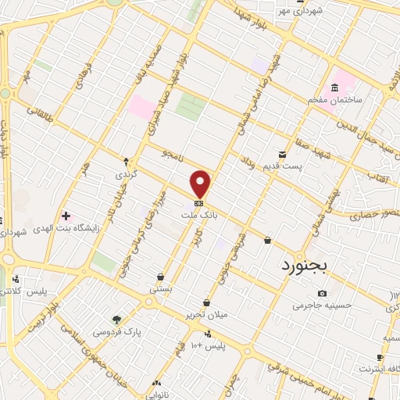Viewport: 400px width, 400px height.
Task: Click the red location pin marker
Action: click(202, 184)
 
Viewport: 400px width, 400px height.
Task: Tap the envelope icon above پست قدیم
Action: click(282, 155)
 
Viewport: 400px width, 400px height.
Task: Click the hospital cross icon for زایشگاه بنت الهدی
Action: click(66, 216)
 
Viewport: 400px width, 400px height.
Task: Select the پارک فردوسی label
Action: click(116, 332)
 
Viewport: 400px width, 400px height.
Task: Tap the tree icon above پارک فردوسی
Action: click(116, 320)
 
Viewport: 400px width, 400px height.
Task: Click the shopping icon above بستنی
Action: click(160, 277)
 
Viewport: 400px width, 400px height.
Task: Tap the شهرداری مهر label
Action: click(280, 12)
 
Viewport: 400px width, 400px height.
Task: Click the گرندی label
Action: click(126, 173)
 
